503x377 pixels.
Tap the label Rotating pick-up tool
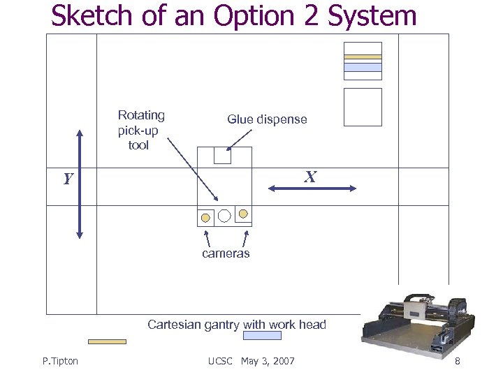click(140, 130)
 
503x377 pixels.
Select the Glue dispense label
click(267, 119)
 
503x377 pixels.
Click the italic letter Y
click(68, 179)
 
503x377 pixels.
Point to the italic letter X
click(310, 177)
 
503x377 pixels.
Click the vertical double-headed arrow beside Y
click(80, 184)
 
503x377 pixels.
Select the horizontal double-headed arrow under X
click(312, 188)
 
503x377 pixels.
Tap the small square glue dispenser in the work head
click(222, 155)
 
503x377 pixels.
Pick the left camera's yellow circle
click(205, 217)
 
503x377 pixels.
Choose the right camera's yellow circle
click(242, 213)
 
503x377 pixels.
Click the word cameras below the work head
click(226, 253)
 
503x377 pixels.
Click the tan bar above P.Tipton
click(107, 341)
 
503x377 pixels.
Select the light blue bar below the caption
click(262, 336)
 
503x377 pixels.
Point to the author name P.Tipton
click(60, 361)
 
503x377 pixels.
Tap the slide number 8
click(457, 361)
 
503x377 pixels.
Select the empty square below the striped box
click(363, 107)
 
